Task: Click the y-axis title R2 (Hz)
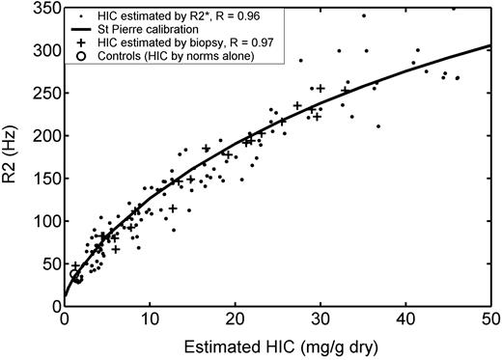pyautogui.click(x=14, y=154)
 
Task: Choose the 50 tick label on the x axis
pyautogui.click(x=489, y=319)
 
